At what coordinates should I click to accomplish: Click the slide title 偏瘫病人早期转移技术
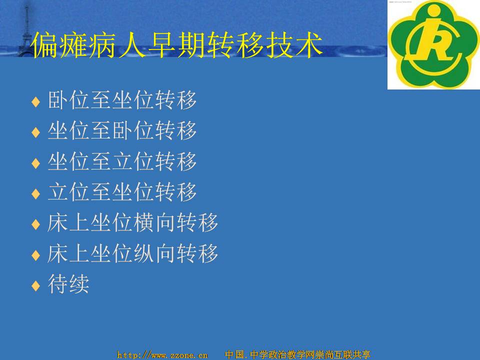177,45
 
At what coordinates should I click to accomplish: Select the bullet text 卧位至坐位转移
122,100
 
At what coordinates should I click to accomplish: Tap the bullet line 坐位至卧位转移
122,130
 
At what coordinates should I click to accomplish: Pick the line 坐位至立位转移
122,161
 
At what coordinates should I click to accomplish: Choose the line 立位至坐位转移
122,192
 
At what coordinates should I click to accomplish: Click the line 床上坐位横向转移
133,222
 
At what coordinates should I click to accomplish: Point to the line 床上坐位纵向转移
133,253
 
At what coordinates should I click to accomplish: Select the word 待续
68,284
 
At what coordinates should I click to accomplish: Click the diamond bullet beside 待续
36,285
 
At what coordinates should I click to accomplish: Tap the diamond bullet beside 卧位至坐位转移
36,101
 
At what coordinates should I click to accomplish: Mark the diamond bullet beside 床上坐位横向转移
36,224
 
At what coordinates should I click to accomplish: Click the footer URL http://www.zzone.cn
162,355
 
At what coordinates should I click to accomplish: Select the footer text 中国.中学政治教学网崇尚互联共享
297,354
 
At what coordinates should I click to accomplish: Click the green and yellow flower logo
433,44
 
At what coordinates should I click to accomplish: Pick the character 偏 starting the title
44,45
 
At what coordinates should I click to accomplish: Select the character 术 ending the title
309,45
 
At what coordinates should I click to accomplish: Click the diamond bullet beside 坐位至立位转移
36,163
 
